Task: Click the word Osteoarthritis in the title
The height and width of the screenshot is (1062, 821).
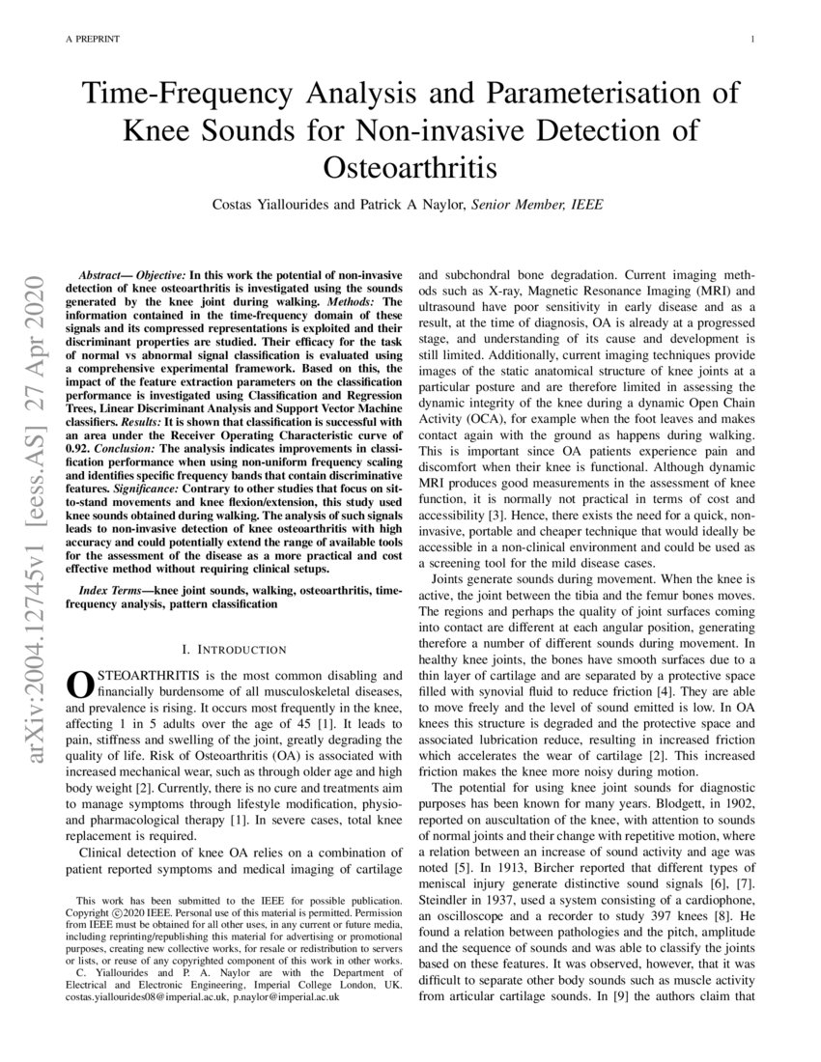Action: click(x=410, y=167)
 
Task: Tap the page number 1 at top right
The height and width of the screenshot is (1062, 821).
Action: click(x=751, y=39)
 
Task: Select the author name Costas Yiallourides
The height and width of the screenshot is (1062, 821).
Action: click(x=273, y=205)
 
